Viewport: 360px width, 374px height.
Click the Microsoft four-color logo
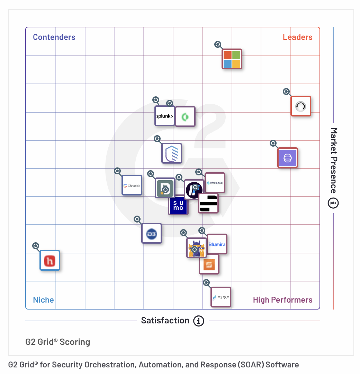tap(232, 59)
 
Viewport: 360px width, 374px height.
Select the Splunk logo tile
tap(164, 116)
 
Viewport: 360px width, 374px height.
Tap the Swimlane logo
tap(215, 183)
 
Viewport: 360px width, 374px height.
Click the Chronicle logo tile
tap(132, 185)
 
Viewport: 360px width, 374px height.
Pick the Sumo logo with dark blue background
tap(178, 206)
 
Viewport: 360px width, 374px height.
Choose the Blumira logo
tap(217, 244)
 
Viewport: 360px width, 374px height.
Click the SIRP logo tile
tap(221, 297)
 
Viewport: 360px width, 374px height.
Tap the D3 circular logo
tap(152, 233)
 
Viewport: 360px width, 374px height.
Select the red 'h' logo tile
tap(50, 260)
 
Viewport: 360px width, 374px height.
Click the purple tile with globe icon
tap(288, 158)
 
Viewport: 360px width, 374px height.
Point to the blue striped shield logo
tap(172, 153)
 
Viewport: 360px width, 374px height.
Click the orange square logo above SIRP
tap(209, 265)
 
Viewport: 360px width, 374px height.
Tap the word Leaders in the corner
tap(297, 37)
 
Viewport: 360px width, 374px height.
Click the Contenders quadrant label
tap(54, 37)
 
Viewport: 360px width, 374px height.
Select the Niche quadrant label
tap(43, 300)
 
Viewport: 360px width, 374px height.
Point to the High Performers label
tap(282, 300)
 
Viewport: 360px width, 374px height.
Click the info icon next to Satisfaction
tap(199, 321)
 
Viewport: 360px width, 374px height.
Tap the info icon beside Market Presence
tap(333, 203)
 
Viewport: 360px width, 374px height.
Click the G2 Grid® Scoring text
tap(58, 342)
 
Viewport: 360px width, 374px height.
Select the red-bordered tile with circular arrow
tap(300, 106)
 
